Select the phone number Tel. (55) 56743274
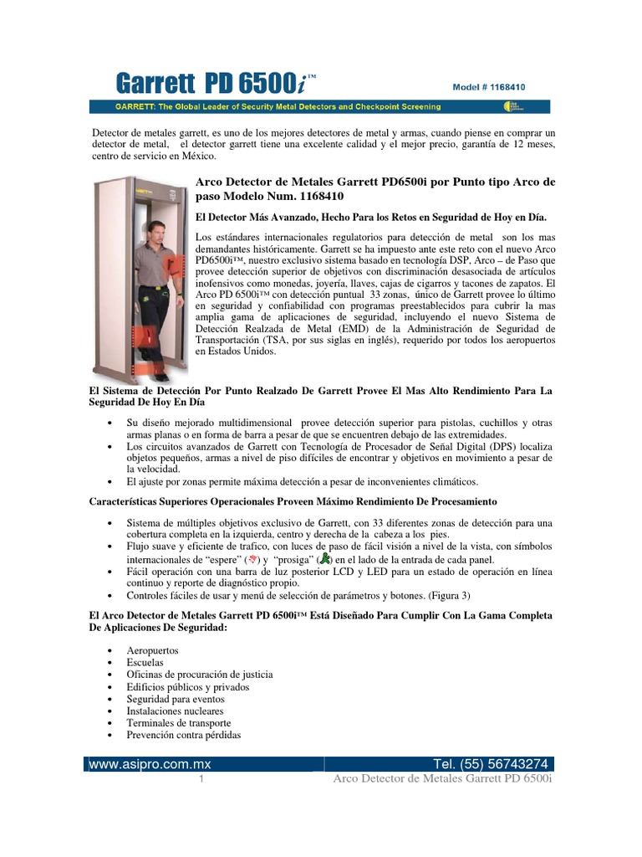[491, 764]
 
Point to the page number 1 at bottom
[201, 780]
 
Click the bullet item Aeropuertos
[152, 650]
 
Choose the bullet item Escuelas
[145, 662]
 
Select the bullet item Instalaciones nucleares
[175, 711]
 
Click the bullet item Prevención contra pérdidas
[183, 735]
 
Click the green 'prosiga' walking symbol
[326, 559]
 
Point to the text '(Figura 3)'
[450, 596]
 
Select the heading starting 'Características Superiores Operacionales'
[293, 500]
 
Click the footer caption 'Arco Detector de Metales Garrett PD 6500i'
[442, 780]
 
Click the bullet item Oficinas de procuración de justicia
[200, 675]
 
